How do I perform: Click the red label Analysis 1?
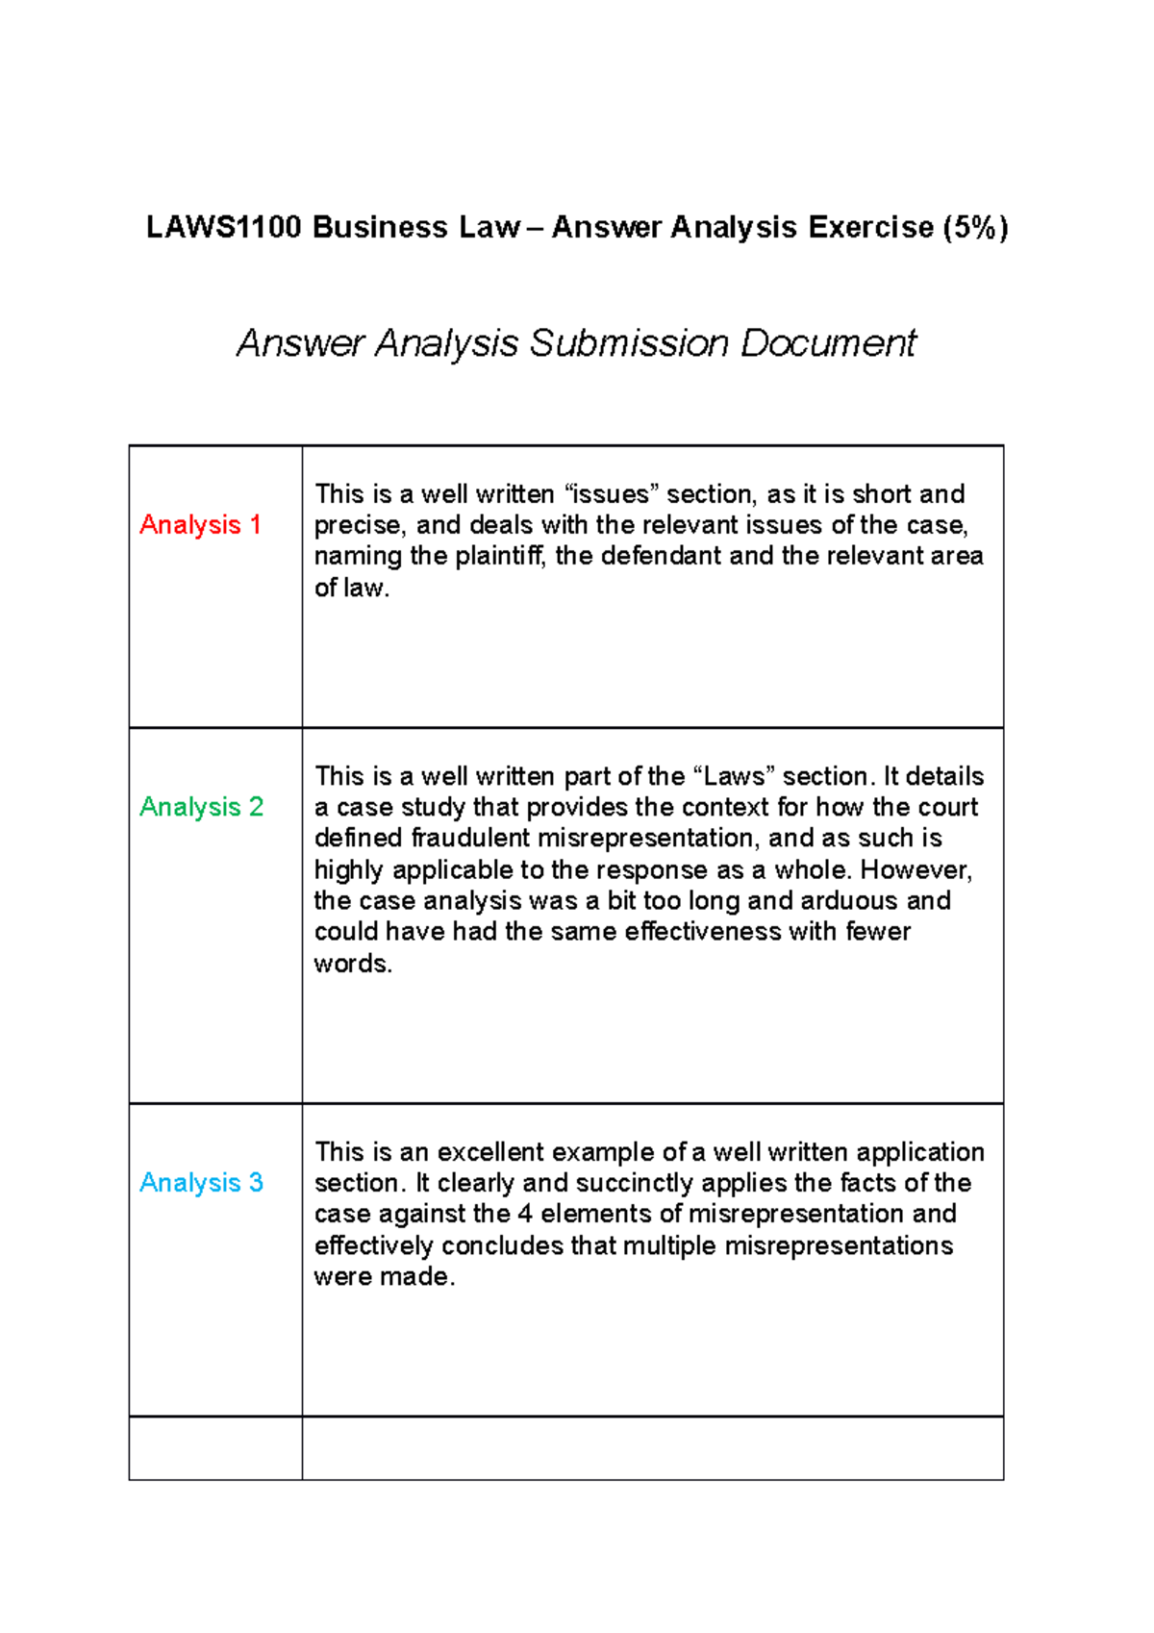click(200, 525)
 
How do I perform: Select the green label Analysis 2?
click(201, 807)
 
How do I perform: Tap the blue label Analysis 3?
click(201, 1183)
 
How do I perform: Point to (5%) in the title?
click(975, 228)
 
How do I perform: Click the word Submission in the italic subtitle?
click(629, 344)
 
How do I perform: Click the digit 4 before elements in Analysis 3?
click(525, 1214)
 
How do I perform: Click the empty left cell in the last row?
click(215, 1448)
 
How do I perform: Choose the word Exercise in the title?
click(870, 228)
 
